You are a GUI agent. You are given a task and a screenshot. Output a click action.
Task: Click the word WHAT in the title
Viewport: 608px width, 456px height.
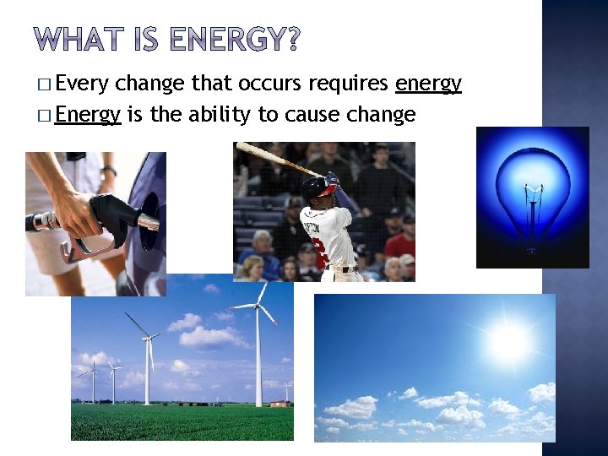pos(77,40)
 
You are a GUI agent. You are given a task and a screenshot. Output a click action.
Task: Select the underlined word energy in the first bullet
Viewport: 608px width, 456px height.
pos(428,83)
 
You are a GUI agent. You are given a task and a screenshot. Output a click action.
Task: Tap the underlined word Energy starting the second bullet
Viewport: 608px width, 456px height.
pos(89,114)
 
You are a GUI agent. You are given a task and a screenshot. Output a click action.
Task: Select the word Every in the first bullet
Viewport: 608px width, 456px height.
pos(83,83)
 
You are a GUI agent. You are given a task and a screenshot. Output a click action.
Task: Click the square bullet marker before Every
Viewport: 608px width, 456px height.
pos(43,84)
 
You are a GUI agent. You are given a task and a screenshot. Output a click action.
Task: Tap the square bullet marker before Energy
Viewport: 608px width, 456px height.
pos(43,115)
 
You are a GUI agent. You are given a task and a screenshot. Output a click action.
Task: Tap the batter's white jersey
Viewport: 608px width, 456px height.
pos(325,236)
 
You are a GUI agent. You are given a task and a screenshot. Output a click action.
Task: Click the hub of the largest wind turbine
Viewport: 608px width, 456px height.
pos(258,307)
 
